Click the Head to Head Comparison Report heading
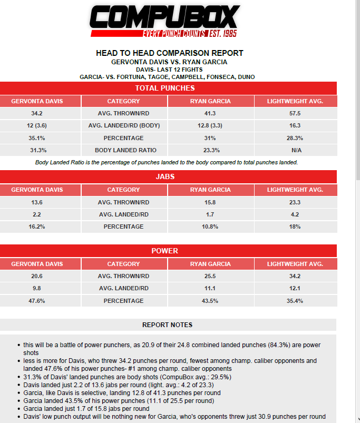pyautogui.click(x=169, y=53)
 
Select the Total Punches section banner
pyautogui.click(x=165, y=88)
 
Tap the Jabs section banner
pyautogui.click(x=165, y=177)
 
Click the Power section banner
pyautogui.click(x=165, y=251)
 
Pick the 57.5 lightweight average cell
pyautogui.click(x=295, y=113)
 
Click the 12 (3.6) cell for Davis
pyautogui.click(x=40, y=125)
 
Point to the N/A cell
pyautogui.click(x=295, y=150)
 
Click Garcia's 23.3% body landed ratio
pyautogui.click(x=209, y=150)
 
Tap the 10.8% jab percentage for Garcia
pyautogui.click(x=209, y=227)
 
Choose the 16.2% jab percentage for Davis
pyautogui.click(x=40, y=227)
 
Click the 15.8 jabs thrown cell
pyautogui.click(x=209, y=202)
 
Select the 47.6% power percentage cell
pyautogui.click(x=40, y=301)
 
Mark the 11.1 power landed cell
pyautogui.click(x=209, y=289)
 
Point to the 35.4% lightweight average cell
pyautogui.click(x=295, y=301)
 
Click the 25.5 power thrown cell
pyautogui.click(x=209, y=276)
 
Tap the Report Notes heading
pyautogui.click(x=167, y=325)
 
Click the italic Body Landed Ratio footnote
pyautogui.click(x=167, y=162)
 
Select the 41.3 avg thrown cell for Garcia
pyautogui.click(x=209, y=113)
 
